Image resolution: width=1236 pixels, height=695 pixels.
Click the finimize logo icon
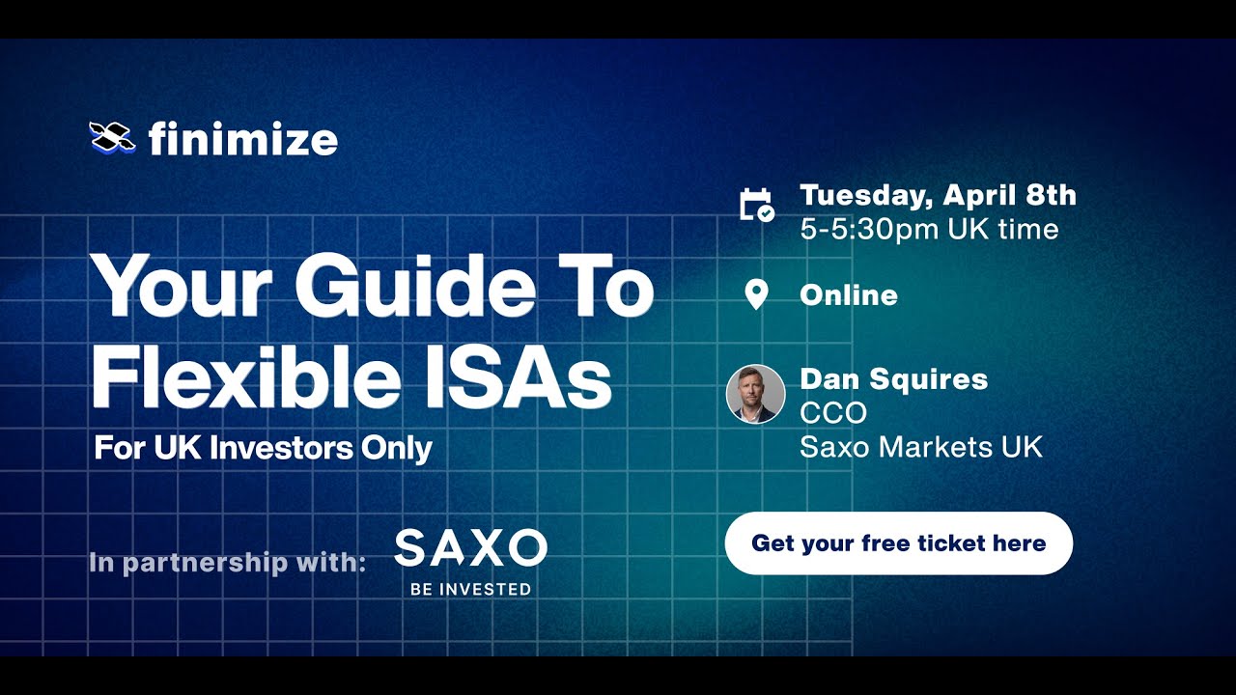tap(112, 138)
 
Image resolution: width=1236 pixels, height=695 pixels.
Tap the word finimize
tap(242, 140)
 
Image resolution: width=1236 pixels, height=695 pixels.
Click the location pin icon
tap(756, 294)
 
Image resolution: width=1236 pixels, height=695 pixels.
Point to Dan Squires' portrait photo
tap(755, 394)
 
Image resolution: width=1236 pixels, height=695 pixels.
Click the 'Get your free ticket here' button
tap(898, 543)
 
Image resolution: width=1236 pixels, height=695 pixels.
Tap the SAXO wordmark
tap(470, 548)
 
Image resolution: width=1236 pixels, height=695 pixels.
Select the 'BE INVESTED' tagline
tap(470, 589)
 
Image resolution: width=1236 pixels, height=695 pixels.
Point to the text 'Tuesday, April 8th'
tap(938, 195)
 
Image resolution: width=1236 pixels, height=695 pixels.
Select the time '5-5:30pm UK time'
tap(929, 230)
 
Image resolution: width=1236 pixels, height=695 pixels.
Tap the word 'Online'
tap(849, 295)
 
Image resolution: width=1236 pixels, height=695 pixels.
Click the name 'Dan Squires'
tap(893, 378)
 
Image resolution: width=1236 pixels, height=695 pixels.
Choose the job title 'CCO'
tap(833, 413)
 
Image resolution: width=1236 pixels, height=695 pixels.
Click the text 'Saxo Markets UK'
tap(921, 447)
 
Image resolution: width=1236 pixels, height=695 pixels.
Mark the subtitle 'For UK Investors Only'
tap(263, 449)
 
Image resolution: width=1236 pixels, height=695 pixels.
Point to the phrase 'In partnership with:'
tap(227, 562)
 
